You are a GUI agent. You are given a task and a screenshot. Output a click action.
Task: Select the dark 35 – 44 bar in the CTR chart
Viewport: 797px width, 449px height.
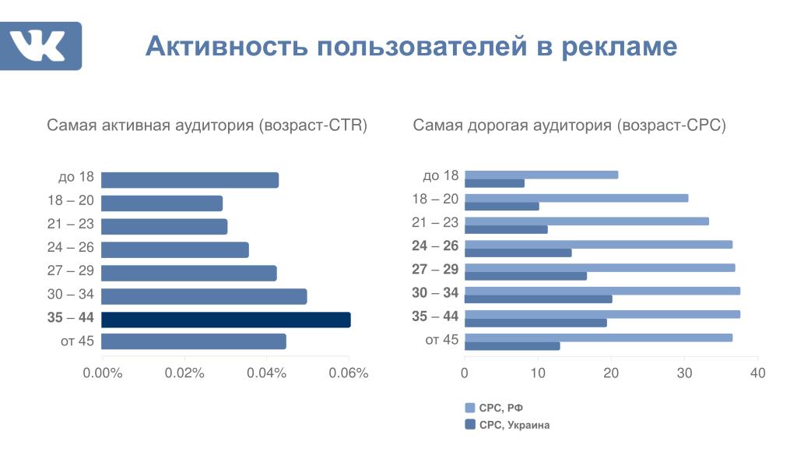[x=226, y=320]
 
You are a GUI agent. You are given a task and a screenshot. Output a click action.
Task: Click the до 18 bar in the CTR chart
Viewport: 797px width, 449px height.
[x=190, y=180]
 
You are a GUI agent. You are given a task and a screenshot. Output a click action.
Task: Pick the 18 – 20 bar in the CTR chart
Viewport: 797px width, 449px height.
[x=162, y=203]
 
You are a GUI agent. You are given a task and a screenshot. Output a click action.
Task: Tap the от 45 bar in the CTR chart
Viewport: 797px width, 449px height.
[x=194, y=341]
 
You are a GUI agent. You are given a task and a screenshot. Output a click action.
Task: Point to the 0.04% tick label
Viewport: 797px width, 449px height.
[x=267, y=373]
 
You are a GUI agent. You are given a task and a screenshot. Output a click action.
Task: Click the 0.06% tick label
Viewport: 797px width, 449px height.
[x=348, y=373]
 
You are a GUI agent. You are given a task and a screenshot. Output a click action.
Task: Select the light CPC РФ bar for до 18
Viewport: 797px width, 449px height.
[x=542, y=175]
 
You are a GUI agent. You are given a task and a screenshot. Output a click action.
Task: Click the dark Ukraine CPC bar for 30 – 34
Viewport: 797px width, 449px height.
[x=539, y=299]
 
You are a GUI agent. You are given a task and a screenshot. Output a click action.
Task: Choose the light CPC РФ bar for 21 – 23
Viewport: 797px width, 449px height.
[x=587, y=221]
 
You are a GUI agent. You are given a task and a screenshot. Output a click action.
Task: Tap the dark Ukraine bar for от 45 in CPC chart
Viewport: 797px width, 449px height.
[x=512, y=346]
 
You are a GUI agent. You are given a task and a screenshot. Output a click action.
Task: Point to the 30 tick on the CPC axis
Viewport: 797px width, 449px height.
[x=684, y=373]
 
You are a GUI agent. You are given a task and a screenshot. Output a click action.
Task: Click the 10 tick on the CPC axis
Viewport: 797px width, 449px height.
[x=538, y=373]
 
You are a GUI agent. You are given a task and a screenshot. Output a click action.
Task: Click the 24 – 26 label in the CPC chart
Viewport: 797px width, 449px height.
[x=436, y=246]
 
